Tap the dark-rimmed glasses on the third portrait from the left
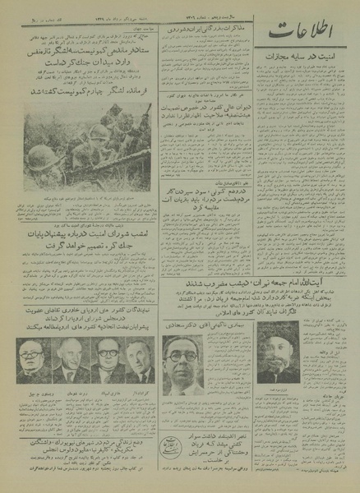[x=105, y=356]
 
